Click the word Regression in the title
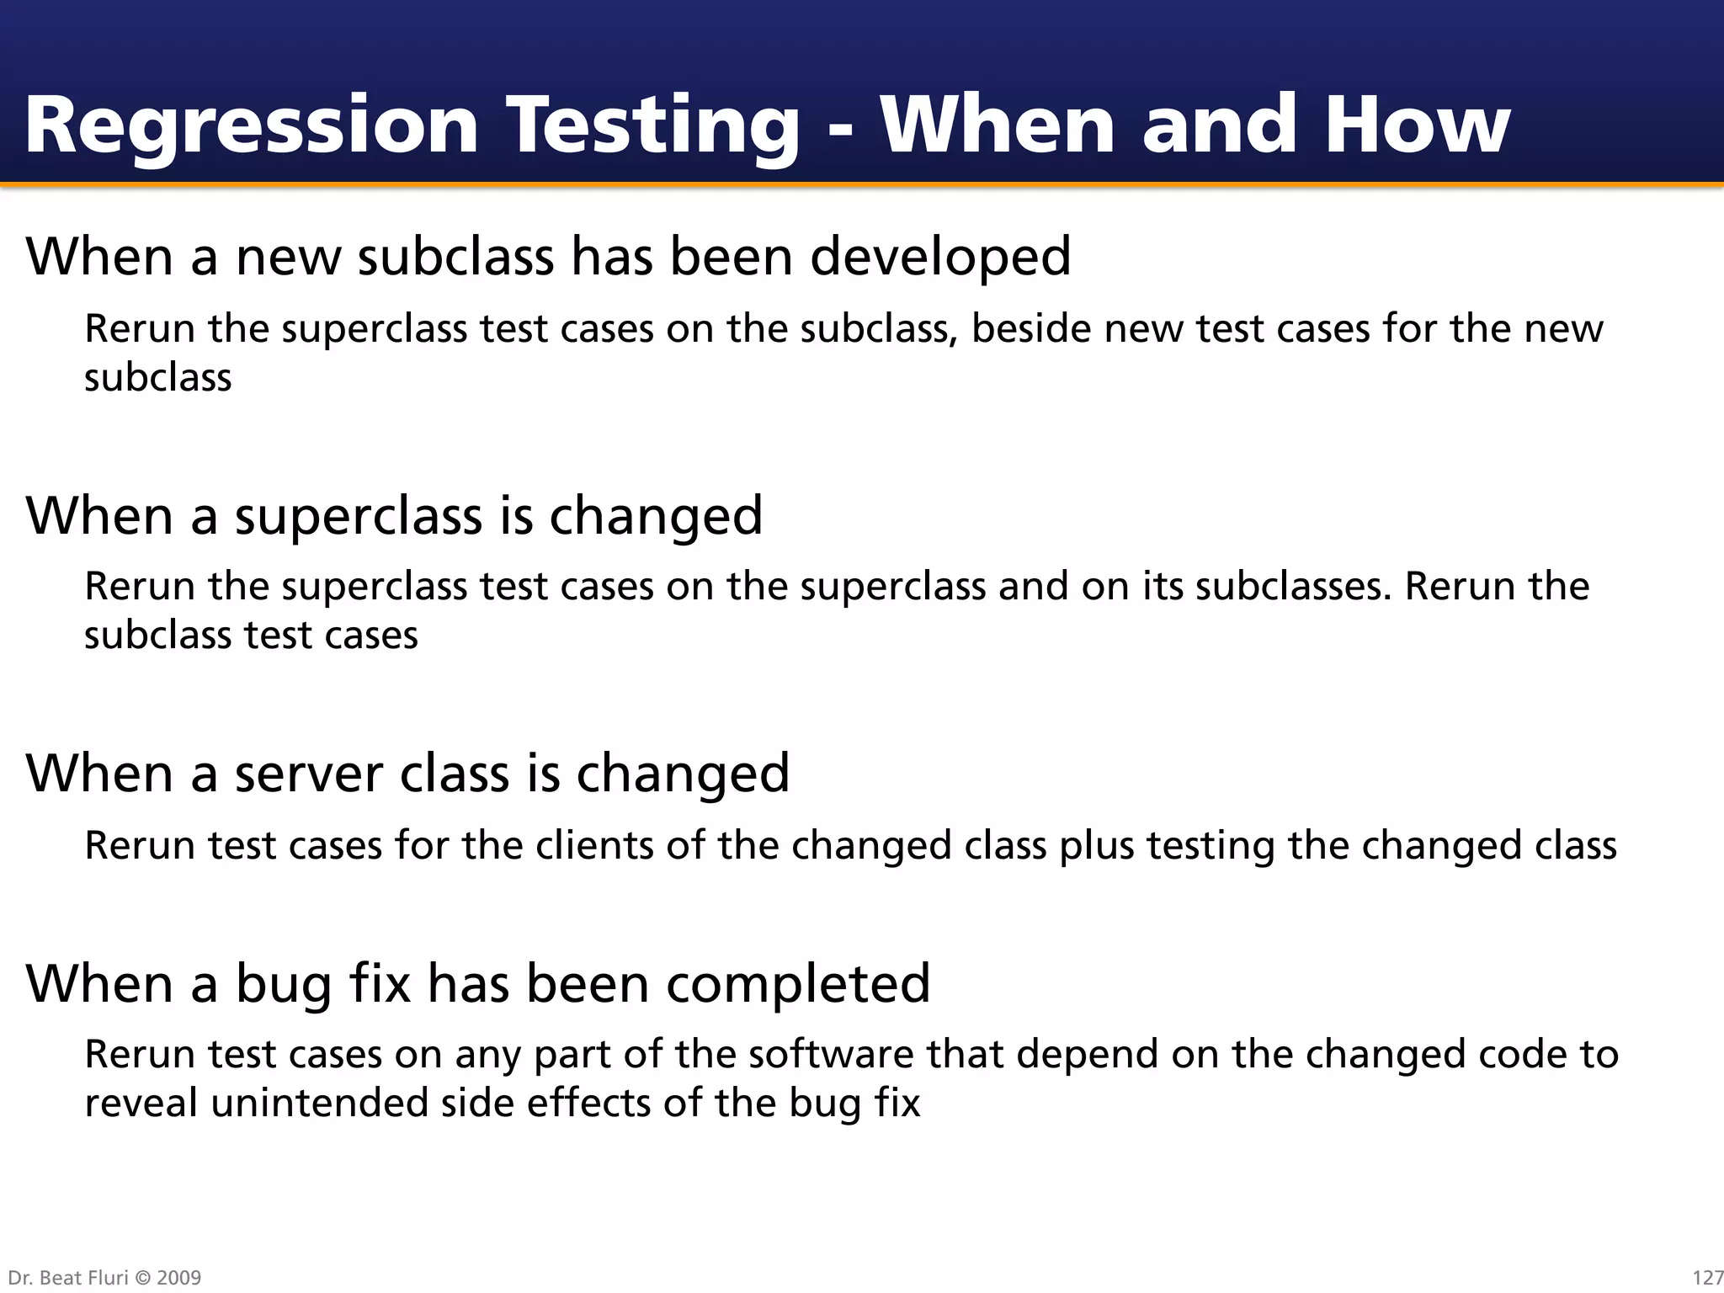[x=251, y=126]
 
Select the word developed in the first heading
[x=940, y=257]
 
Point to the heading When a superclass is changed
[x=394, y=516]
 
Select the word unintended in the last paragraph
[x=319, y=1104]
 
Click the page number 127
[x=1707, y=1278]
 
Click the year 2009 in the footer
[x=179, y=1278]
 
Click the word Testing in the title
[x=652, y=126]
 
